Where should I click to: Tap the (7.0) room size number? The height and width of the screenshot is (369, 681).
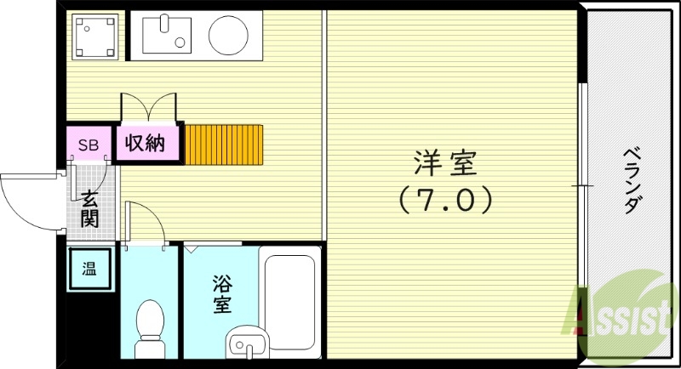click(446, 201)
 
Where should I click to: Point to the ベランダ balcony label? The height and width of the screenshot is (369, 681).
click(631, 180)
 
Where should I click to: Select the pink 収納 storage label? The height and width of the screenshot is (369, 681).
click(146, 143)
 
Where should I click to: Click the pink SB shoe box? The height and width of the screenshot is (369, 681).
click(89, 144)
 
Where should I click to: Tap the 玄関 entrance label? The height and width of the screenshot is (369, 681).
click(89, 209)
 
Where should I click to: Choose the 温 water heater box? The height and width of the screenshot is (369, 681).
click(89, 270)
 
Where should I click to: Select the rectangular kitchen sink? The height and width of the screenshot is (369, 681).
click(168, 34)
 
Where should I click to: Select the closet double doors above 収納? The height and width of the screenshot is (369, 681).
click(150, 109)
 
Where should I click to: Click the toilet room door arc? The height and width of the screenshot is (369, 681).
click(145, 223)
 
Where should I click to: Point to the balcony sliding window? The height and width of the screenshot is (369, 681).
click(584, 184)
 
